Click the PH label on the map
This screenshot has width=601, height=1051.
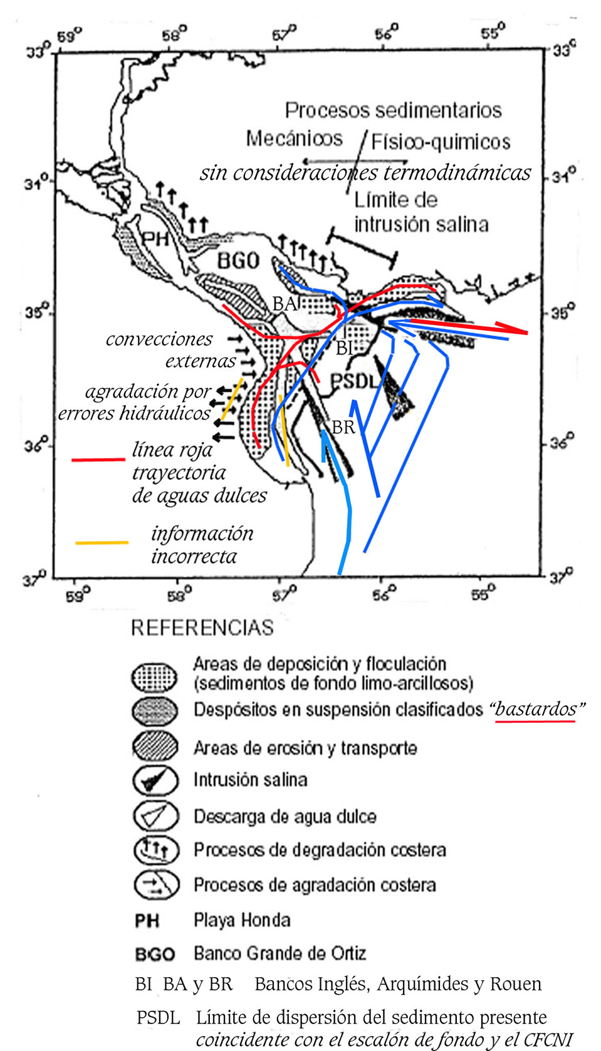(x=155, y=239)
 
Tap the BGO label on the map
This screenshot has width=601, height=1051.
(x=239, y=261)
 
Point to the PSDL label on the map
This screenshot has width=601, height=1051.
(x=355, y=381)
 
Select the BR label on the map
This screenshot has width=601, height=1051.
(x=343, y=427)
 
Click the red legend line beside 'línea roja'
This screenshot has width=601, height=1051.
(x=98, y=460)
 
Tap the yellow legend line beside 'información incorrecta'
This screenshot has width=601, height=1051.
(x=102, y=543)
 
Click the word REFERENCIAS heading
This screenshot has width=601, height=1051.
(x=202, y=628)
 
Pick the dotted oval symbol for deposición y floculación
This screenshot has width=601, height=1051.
(x=154, y=677)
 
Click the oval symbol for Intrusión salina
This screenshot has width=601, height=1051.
(x=155, y=780)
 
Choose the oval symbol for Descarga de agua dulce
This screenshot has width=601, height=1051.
(x=156, y=816)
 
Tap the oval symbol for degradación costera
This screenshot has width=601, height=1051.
(x=156, y=850)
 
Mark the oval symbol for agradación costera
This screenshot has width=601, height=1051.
(x=156, y=885)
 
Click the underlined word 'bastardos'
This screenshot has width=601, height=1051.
(x=535, y=709)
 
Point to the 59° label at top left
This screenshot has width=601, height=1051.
(x=69, y=36)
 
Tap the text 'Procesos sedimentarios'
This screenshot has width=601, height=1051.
(x=394, y=111)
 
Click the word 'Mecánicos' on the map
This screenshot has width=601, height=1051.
(x=295, y=139)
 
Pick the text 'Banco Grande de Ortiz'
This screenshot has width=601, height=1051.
(x=280, y=953)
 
